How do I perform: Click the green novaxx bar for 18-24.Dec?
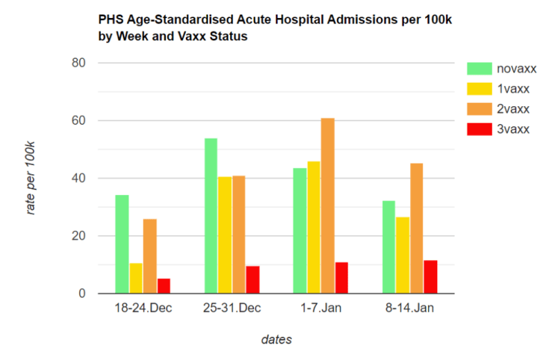tap(121, 244)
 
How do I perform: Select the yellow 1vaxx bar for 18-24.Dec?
tap(136, 278)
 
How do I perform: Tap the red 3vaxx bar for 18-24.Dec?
tap(164, 286)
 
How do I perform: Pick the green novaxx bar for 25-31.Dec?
tap(211, 216)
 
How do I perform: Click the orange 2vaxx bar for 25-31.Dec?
tap(239, 234)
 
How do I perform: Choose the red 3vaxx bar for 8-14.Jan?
tap(430, 277)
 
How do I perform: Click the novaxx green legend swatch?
tap(479, 68)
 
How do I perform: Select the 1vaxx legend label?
tap(512, 88)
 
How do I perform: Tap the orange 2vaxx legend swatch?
tap(479, 108)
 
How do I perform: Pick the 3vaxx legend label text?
tap(512, 128)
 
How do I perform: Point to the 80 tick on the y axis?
tap(79, 63)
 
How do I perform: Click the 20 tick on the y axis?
tap(79, 236)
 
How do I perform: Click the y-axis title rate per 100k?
tap(31, 178)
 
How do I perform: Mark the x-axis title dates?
tap(276, 340)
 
